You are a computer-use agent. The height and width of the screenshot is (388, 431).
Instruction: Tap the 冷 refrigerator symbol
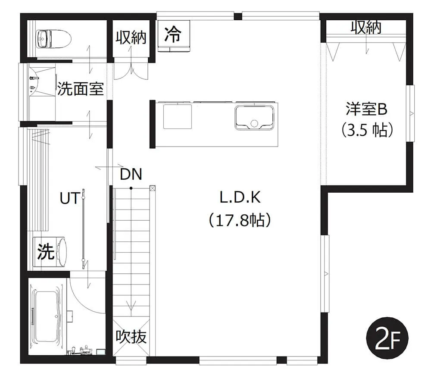pyautogui.click(x=174, y=34)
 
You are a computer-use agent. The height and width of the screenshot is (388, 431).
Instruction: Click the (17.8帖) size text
pyautogui.click(x=239, y=220)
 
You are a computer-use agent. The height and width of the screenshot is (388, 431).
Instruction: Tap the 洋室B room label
pyautogui.click(x=366, y=109)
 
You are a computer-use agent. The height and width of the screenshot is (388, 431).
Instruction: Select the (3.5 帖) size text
pyautogui.click(x=366, y=130)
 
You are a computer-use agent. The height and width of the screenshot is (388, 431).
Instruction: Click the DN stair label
pyautogui.click(x=131, y=174)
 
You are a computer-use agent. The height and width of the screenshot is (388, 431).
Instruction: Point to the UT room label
pyautogui.click(x=69, y=199)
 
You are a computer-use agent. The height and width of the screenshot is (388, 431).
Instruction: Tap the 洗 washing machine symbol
pyautogui.click(x=45, y=251)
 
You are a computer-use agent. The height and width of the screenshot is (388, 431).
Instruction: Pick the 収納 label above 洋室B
pyautogui.click(x=366, y=28)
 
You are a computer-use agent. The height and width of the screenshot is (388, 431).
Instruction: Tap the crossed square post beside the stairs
pyautogui.click(x=152, y=188)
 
